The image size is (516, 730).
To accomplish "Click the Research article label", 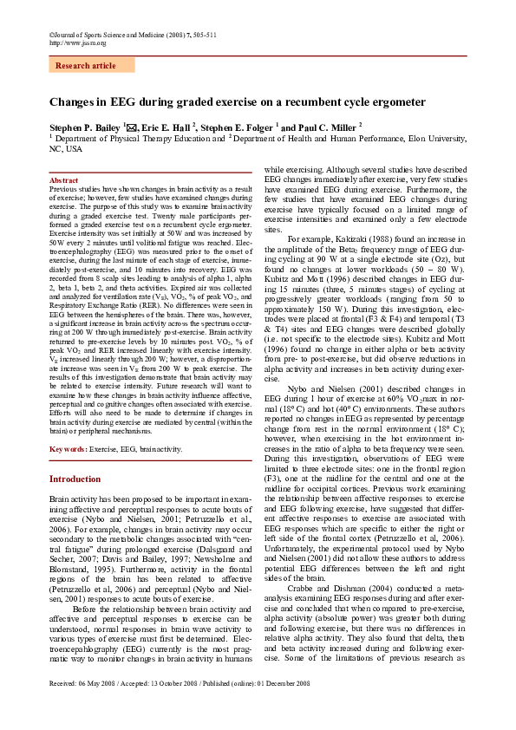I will (x=85, y=66).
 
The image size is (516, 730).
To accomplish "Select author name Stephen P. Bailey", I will (x=85, y=126).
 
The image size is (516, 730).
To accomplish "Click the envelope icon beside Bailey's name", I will (x=131, y=126).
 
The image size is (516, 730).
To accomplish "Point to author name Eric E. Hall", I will (x=167, y=126).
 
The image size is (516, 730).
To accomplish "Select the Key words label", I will (x=68, y=450).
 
